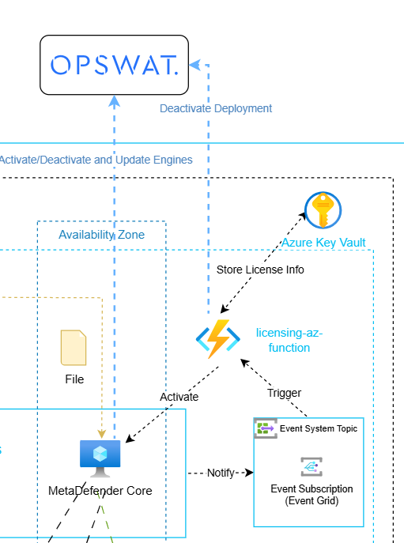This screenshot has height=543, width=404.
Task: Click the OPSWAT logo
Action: [115, 65]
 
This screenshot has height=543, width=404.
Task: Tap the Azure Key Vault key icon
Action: [323, 210]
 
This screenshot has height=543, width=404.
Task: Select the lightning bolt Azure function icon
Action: [218, 339]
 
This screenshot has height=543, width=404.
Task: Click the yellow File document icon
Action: [74, 348]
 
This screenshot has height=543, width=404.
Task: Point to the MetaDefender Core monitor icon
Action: [100, 458]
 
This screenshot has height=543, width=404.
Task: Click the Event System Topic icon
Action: [266, 428]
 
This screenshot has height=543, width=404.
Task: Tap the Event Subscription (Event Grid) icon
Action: [311, 467]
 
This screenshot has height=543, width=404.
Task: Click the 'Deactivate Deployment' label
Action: [216, 108]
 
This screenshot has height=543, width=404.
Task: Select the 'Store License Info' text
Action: [260, 270]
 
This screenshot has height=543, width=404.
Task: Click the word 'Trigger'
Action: [284, 393]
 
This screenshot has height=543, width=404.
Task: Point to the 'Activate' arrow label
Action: [179, 397]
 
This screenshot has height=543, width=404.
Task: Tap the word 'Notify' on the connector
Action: [221, 473]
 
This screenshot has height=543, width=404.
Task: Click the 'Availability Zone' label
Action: [101, 235]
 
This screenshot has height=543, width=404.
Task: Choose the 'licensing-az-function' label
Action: [289, 340]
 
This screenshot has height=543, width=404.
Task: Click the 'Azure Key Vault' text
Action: [323, 243]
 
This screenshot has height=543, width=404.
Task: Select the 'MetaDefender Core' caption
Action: [100, 491]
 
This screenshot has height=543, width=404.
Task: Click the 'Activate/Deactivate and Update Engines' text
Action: [96, 160]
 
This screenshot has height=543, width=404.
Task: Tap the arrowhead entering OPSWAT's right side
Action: [194, 65]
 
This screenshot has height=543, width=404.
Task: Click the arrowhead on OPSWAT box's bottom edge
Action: [115, 101]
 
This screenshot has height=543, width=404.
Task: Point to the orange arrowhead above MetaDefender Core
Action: [101, 434]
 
